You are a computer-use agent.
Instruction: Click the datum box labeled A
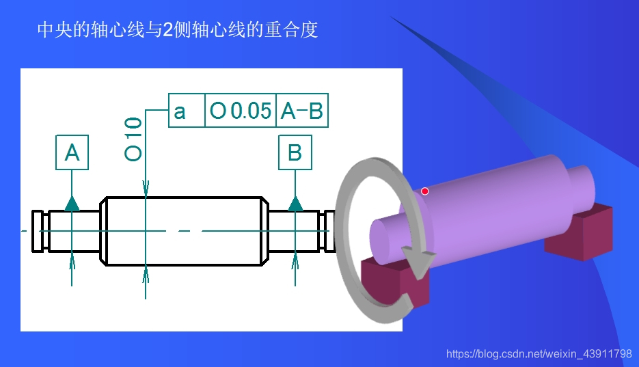click(x=72, y=152)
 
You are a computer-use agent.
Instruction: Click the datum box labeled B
click(x=295, y=152)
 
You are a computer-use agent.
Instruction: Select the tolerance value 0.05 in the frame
click(x=250, y=111)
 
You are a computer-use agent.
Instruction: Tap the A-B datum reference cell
click(x=302, y=111)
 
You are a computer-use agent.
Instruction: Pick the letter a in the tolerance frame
click(x=180, y=111)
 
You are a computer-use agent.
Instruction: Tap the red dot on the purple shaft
click(x=424, y=191)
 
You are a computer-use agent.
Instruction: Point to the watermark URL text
click(x=539, y=354)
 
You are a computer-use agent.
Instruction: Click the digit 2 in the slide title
click(x=168, y=31)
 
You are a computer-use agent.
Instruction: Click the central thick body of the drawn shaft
click(x=185, y=231)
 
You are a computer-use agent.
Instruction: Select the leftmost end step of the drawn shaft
click(x=38, y=231)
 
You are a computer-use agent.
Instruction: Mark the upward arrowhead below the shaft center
click(x=146, y=271)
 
